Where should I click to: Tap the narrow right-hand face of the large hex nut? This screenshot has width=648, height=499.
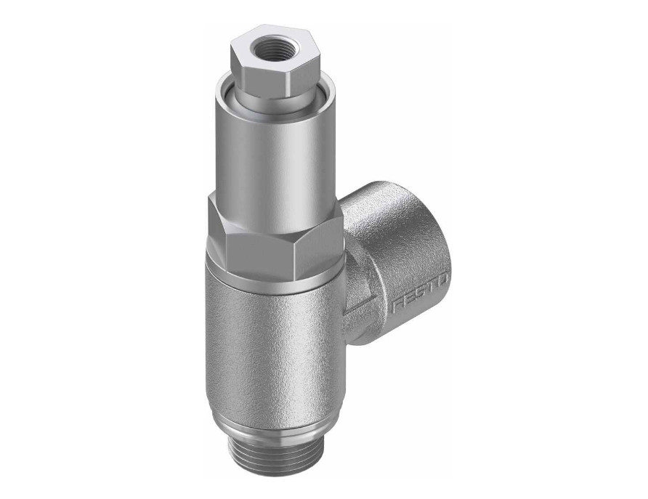coord(320,240)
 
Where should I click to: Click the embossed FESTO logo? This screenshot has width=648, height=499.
coord(421,293)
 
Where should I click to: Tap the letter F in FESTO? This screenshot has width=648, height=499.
coord(397,306)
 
